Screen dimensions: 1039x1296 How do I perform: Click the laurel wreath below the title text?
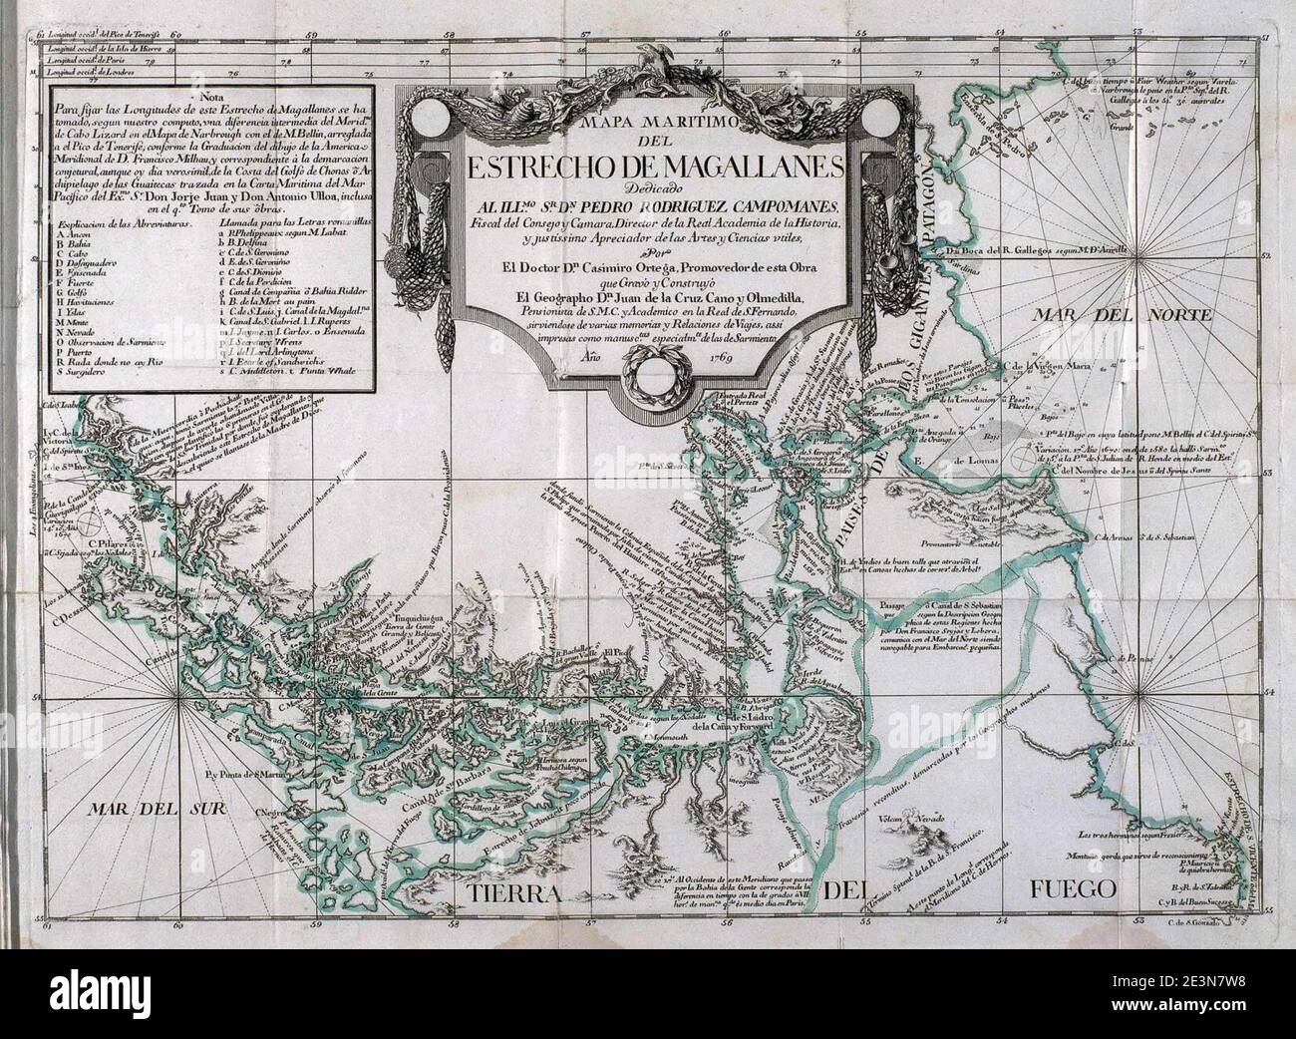(646, 374)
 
